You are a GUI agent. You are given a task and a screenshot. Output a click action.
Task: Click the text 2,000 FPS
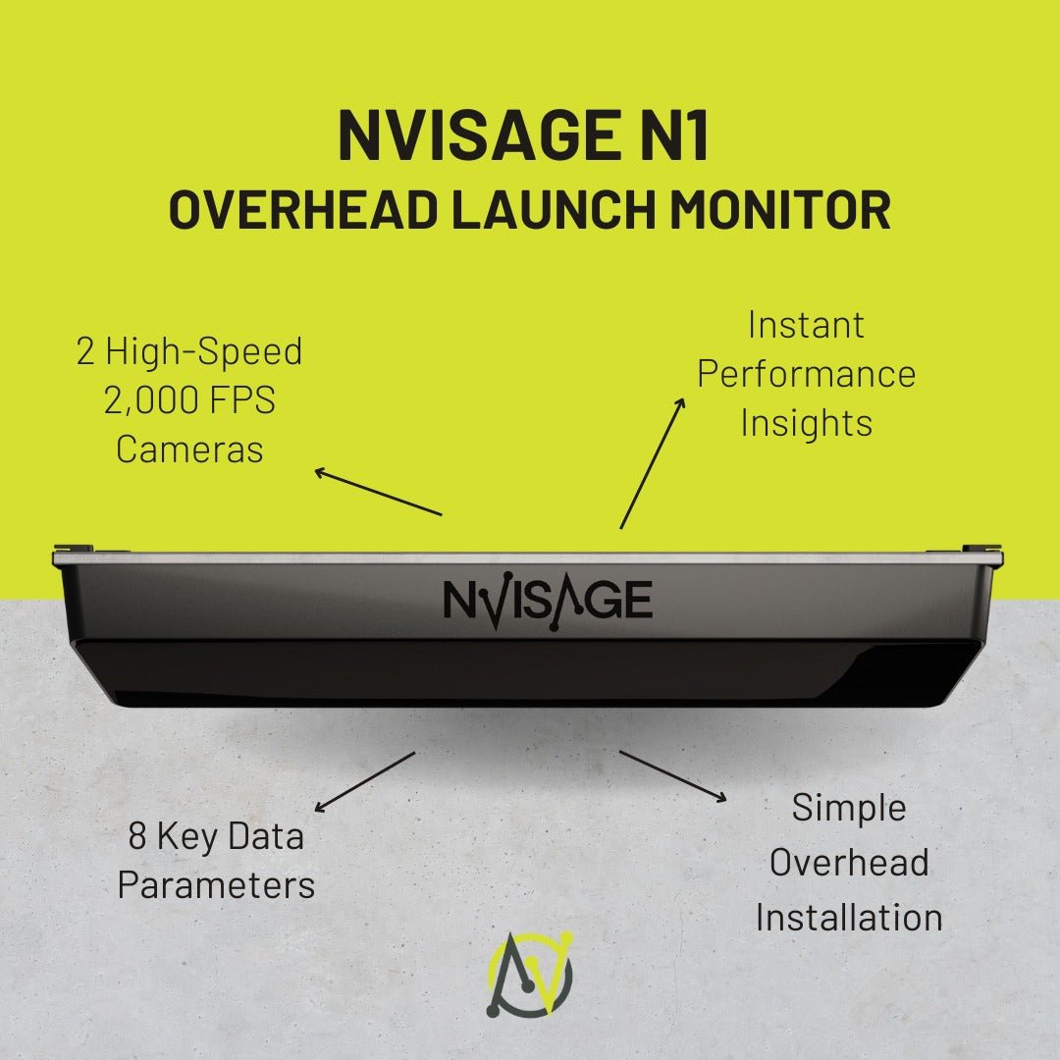(189, 400)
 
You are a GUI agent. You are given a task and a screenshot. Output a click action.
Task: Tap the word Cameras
(189, 450)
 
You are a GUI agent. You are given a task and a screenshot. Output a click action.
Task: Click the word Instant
(806, 325)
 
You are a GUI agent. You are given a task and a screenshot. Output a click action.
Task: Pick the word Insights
(806, 423)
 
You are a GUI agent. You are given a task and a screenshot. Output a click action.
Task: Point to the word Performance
(806, 374)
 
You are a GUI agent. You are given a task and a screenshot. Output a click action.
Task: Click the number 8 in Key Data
(138, 837)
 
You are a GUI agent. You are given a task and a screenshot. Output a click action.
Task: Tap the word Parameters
(216, 885)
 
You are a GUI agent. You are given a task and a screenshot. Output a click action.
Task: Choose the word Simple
(849, 809)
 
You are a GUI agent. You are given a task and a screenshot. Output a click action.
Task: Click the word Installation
(849, 918)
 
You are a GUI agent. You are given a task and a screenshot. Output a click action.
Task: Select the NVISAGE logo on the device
(548, 600)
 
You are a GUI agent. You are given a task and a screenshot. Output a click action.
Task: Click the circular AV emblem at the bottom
(530, 976)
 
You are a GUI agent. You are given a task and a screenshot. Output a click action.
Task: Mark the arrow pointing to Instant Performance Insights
(652, 463)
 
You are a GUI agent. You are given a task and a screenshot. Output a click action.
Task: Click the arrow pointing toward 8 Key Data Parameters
(364, 782)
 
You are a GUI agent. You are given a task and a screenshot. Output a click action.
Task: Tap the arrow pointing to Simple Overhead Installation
(673, 776)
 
